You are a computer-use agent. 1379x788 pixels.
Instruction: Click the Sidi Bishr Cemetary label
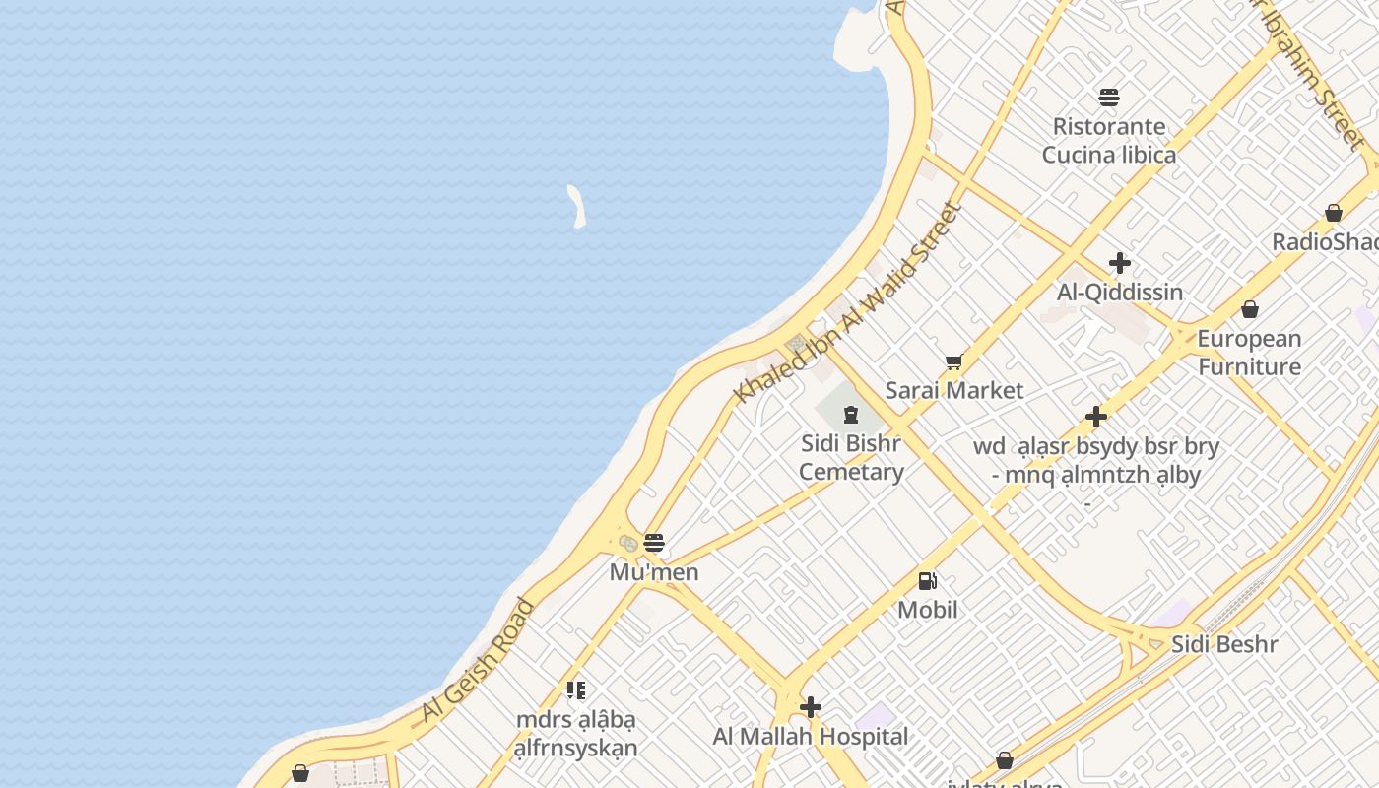(x=851, y=457)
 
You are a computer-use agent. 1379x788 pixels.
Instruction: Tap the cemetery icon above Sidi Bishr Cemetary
(x=851, y=415)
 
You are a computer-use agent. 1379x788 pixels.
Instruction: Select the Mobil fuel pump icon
(x=927, y=581)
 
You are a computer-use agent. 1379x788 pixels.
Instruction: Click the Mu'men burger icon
(x=654, y=542)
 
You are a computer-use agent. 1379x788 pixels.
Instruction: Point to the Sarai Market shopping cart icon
(x=953, y=362)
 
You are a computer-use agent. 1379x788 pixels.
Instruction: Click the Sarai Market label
(x=954, y=390)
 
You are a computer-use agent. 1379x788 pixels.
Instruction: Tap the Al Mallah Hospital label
(x=811, y=736)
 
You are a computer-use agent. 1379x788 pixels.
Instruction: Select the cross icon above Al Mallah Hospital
(x=811, y=707)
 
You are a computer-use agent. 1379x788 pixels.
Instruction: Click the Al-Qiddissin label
(x=1120, y=292)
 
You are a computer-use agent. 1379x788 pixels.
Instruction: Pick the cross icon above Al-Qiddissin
(x=1120, y=263)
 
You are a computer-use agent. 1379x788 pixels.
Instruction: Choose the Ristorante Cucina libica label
(x=1109, y=140)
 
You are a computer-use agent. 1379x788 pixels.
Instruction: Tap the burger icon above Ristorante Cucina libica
(x=1109, y=97)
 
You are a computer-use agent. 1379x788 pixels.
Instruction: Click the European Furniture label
(x=1249, y=353)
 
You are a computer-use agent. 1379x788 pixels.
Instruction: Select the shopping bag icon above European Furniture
(x=1250, y=310)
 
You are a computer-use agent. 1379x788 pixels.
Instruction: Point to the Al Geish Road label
(x=477, y=660)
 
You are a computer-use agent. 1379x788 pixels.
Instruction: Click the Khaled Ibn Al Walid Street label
(x=847, y=301)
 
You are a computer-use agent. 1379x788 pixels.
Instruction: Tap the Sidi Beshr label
(x=1224, y=644)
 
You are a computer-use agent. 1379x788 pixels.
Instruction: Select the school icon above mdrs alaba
(x=576, y=690)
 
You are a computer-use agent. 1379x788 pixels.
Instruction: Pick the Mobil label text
(x=927, y=610)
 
